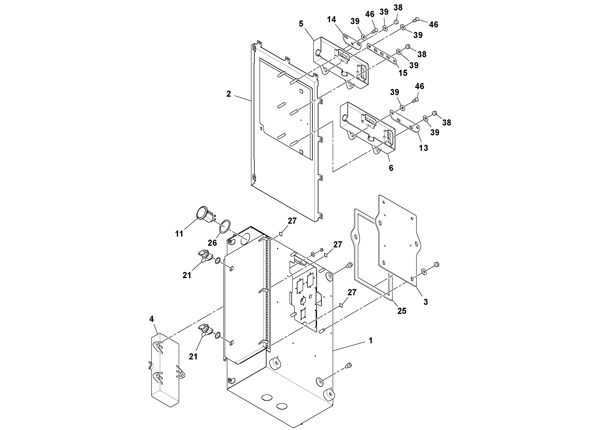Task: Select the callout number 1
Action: click(370, 340)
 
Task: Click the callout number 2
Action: click(229, 94)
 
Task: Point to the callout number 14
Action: click(331, 20)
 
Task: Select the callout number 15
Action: click(403, 73)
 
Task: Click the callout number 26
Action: click(212, 243)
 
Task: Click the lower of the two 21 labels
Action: click(193, 357)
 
